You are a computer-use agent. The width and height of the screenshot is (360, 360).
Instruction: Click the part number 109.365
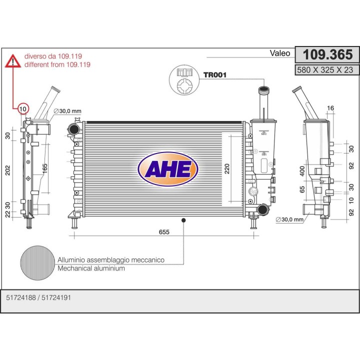tap(327, 54)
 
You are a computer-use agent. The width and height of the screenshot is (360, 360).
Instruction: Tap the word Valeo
tap(280, 53)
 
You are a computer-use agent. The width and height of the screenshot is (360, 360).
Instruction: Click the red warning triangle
tap(13, 61)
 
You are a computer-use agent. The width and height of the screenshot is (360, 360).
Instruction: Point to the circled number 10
tap(23, 108)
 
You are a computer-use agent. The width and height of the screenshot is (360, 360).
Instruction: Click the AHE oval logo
tap(168, 169)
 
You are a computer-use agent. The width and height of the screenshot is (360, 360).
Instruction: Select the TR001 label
tap(215, 75)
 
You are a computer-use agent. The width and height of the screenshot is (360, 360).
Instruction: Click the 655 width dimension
tap(164, 232)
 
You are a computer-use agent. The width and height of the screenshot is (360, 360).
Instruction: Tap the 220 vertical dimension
tap(227, 169)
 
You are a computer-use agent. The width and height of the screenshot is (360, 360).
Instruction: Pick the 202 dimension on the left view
tap(8, 170)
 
